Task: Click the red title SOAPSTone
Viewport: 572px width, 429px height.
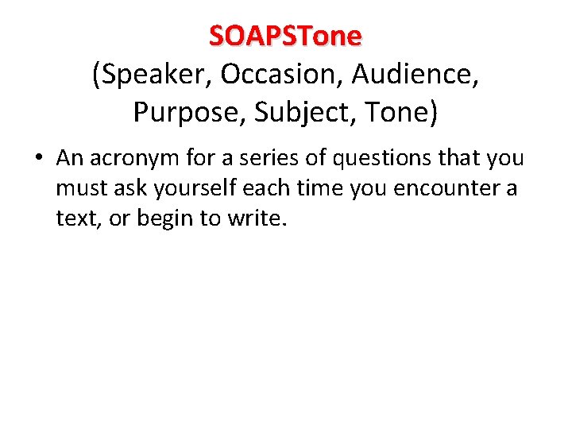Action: (x=285, y=36)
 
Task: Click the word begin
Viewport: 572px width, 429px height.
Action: (x=164, y=218)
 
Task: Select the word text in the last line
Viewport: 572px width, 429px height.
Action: (x=73, y=218)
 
